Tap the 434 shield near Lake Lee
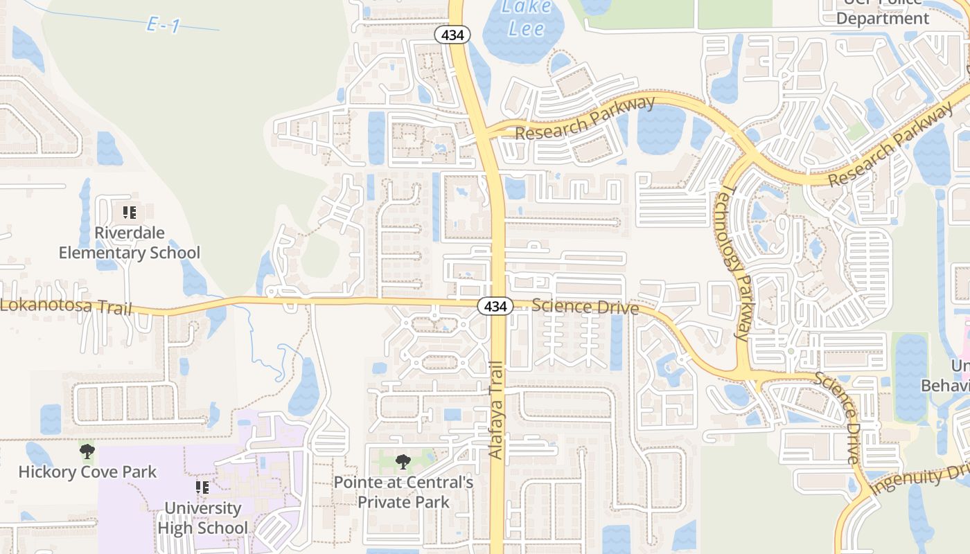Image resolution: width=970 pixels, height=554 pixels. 453,35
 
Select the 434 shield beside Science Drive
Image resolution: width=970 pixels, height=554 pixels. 495,306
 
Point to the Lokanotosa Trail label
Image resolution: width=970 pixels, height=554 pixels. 66,305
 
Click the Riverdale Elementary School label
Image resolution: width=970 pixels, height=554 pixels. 129,243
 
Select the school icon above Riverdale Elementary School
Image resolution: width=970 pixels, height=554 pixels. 129,213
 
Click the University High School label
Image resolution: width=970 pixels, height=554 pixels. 202,518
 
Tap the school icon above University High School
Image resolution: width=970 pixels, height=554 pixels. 202,488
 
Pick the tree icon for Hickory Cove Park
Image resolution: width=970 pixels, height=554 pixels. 87,453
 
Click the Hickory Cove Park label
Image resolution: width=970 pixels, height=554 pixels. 87,472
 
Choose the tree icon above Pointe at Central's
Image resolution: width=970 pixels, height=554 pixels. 403,462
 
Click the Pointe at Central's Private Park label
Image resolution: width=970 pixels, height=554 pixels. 404,492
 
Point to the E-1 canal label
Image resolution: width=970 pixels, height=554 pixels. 164,26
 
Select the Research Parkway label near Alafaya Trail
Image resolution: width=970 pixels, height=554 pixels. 585,118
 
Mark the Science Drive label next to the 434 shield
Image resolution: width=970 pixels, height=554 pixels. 585,306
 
